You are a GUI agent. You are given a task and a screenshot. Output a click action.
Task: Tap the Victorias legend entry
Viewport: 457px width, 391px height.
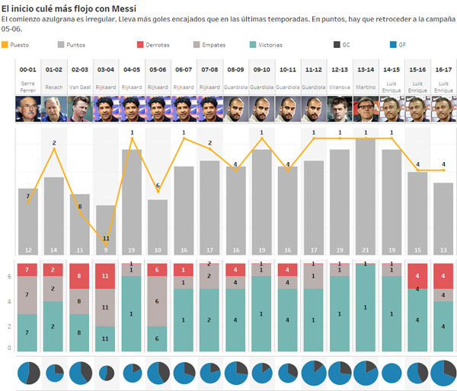pos(267,45)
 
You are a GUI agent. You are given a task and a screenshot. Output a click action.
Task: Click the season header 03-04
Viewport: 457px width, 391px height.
pos(106,68)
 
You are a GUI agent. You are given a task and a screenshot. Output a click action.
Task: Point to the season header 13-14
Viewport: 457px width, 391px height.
pos(366,68)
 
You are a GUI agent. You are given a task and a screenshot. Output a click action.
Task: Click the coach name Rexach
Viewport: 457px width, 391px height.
pos(54,87)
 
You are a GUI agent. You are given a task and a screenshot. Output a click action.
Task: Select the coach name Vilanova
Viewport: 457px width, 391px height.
pos(340,87)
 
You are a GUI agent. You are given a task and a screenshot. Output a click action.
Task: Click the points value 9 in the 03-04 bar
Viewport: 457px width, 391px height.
pos(106,250)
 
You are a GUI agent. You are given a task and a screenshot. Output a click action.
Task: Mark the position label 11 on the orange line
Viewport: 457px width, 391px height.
pos(106,239)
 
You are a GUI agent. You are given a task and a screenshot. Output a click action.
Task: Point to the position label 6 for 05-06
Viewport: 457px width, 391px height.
pos(158,186)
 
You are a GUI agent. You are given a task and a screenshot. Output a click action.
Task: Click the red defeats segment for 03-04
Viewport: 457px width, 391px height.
pos(106,276)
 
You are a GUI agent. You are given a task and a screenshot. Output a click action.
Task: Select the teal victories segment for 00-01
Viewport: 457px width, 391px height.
pos(28,332)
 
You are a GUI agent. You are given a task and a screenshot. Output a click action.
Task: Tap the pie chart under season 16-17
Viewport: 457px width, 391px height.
pos(443,374)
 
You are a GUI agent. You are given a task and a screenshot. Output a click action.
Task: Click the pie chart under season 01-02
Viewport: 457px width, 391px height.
pos(54,374)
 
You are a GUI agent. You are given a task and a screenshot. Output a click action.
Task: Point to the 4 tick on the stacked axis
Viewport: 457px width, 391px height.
pos(9,301)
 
